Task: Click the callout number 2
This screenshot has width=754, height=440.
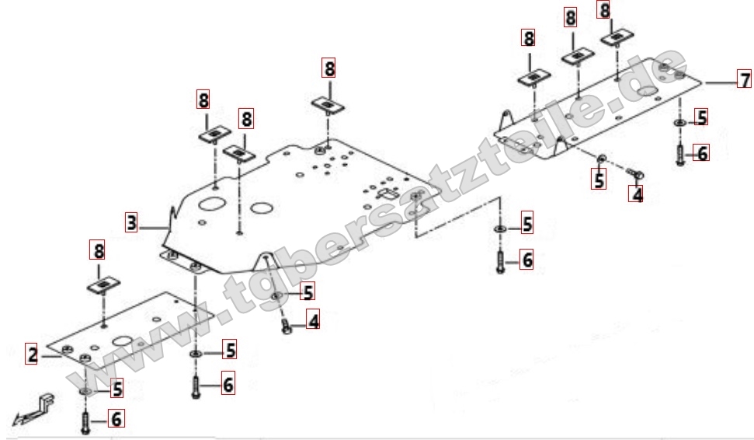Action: click(32, 354)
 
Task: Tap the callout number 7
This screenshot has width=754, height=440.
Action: click(744, 79)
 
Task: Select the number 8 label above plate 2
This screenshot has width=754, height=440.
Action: click(99, 251)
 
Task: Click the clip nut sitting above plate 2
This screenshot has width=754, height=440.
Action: click(102, 286)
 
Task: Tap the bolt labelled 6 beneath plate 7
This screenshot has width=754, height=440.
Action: click(679, 154)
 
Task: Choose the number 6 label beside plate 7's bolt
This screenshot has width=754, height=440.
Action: click(703, 153)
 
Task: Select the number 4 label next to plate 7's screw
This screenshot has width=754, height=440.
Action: click(637, 194)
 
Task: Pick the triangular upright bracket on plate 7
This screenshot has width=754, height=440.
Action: click(504, 121)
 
